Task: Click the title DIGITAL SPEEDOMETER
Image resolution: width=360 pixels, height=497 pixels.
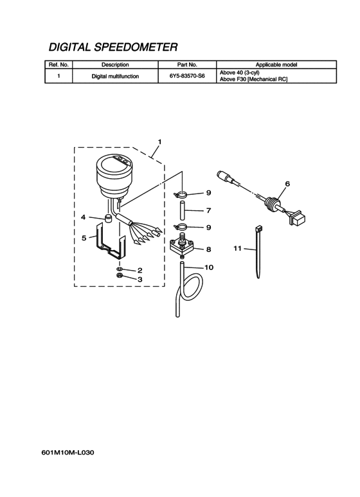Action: coord(113,47)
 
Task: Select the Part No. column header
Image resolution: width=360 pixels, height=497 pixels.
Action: coord(187,65)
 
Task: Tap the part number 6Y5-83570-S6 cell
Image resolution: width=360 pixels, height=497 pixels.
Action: coord(187,76)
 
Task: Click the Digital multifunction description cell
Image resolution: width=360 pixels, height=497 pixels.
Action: coord(115,77)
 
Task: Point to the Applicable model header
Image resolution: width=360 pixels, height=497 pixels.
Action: coord(276,65)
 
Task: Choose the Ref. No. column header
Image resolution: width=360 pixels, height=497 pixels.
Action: coord(59,65)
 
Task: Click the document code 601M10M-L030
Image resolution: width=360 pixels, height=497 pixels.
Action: coord(67,453)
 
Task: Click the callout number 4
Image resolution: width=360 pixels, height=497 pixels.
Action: coord(83,217)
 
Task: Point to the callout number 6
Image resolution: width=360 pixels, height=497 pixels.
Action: coord(287,184)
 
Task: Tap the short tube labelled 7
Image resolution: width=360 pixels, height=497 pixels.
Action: coord(182,210)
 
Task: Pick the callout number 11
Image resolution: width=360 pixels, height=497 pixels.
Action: coord(237,248)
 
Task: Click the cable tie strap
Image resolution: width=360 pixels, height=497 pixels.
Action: coord(258,252)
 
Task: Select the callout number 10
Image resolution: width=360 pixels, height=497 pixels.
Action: coord(209,267)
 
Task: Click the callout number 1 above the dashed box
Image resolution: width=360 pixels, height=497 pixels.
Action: coord(159,141)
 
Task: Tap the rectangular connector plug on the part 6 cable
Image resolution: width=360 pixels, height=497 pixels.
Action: coord(298,219)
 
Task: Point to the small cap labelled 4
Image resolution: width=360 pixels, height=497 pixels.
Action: coord(109,219)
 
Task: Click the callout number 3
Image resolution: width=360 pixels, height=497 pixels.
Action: coord(139,280)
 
